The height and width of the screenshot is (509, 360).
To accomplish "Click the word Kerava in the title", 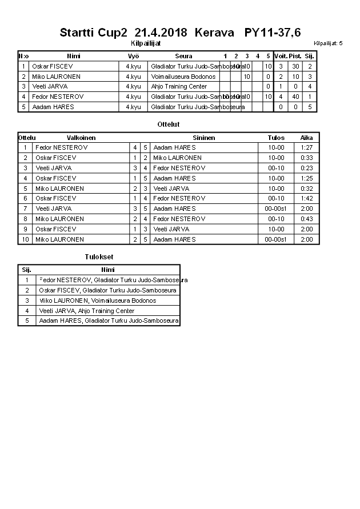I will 214,33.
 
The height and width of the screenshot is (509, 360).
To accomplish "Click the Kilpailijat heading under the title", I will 146,43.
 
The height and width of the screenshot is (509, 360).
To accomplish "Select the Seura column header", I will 183,56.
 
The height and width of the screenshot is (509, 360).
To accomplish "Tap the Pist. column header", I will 295,56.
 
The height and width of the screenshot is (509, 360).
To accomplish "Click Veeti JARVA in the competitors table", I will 50,87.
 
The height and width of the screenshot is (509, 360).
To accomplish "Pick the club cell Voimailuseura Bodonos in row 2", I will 183,77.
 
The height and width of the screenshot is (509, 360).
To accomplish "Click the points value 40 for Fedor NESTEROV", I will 295,97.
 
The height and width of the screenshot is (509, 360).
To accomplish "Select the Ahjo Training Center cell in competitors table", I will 179,87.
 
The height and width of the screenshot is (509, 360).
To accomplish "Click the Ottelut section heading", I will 168,124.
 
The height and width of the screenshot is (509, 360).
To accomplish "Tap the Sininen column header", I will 204,138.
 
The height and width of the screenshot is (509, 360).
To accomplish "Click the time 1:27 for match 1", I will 306,148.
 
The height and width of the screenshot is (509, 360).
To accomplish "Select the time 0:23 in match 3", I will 306,169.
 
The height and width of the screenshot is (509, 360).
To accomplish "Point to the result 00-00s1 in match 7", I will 276,209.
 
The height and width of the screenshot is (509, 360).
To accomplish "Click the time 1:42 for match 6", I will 306,199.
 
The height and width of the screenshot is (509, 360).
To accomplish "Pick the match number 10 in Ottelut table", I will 25,240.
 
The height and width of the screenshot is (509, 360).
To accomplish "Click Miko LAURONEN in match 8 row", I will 59,219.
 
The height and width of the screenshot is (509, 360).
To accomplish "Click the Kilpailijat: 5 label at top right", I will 328,43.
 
